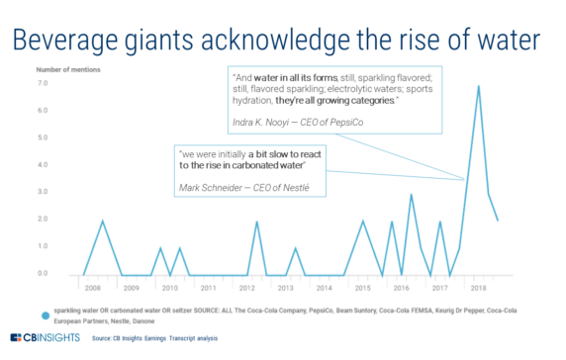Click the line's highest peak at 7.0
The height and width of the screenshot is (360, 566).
pyautogui.click(x=479, y=86)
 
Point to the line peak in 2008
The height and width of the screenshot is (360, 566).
pyautogui.click(x=103, y=221)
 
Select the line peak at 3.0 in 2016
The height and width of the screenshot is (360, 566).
pyautogui.click(x=411, y=194)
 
